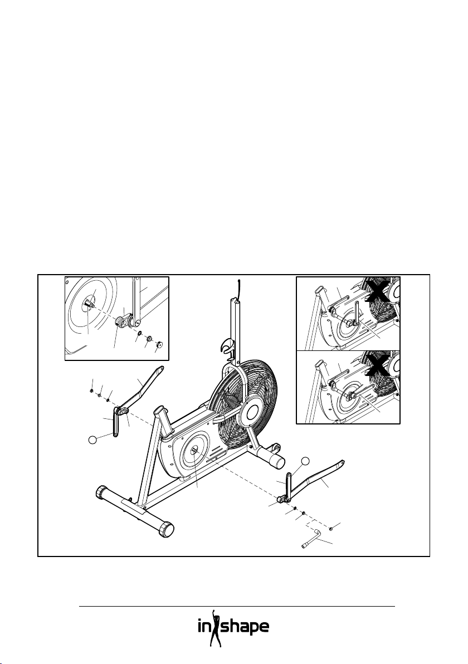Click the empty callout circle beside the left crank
(94, 440)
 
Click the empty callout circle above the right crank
(305, 461)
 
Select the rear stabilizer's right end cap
(165, 530)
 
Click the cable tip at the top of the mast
(238, 285)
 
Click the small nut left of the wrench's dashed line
(331, 527)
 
